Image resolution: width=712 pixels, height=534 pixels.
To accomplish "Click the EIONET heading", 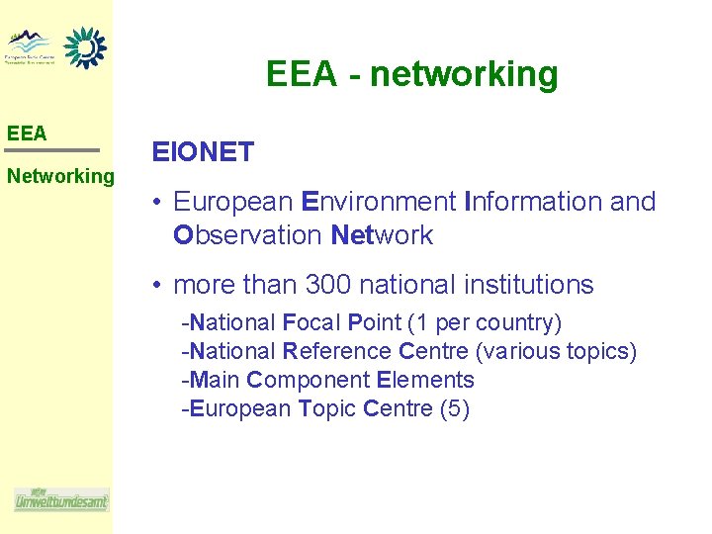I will click(x=203, y=152).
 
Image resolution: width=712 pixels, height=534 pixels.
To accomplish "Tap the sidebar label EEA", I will click(x=27, y=133).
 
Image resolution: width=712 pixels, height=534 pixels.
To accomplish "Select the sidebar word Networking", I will click(x=60, y=176).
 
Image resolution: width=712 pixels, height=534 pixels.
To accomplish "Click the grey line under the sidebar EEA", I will click(x=52, y=150).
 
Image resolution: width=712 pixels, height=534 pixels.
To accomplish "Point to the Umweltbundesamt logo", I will click(x=61, y=500).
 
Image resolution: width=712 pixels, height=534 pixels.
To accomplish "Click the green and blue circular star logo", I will click(x=85, y=46).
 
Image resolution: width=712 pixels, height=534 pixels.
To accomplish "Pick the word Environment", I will click(x=377, y=202).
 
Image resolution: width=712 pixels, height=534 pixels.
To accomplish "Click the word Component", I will click(x=309, y=380).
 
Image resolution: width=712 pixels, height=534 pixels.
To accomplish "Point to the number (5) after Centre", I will click(x=454, y=408).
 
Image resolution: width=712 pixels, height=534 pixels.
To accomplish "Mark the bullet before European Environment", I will click(x=158, y=203).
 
